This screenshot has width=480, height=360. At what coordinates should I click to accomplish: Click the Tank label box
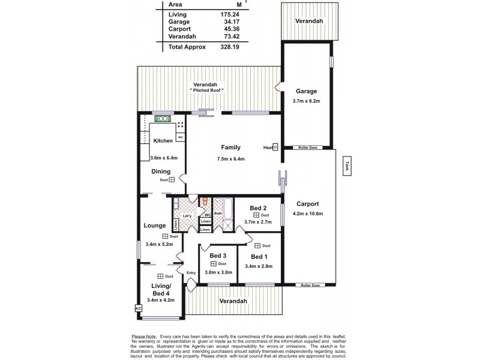pyautogui.click(x=347, y=166)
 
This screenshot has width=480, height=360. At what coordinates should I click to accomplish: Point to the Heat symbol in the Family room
pyautogui.click(x=275, y=147)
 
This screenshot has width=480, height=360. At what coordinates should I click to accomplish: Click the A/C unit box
pyautogui.click(x=139, y=308)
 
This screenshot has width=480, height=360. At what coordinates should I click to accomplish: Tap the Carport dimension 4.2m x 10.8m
pyautogui.click(x=307, y=214)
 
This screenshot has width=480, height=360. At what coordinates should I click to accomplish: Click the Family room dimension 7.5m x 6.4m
pyautogui.click(x=231, y=159)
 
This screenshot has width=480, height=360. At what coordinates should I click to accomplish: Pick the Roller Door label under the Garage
pyautogui.click(x=307, y=147)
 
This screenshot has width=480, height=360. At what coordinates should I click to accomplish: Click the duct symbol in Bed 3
pyautogui.click(x=213, y=264)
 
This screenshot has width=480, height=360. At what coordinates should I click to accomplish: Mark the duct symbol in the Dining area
pyautogui.click(x=172, y=179)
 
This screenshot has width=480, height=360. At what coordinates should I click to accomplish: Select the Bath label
pyautogui.click(x=218, y=213)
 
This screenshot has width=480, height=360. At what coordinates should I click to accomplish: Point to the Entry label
pyautogui.click(x=191, y=274)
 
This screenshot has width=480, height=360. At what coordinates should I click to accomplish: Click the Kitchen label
pyautogui.click(x=163, y=140)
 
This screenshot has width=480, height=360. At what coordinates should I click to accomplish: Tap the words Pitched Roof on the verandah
pyautogui.click(x=208, y=90)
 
